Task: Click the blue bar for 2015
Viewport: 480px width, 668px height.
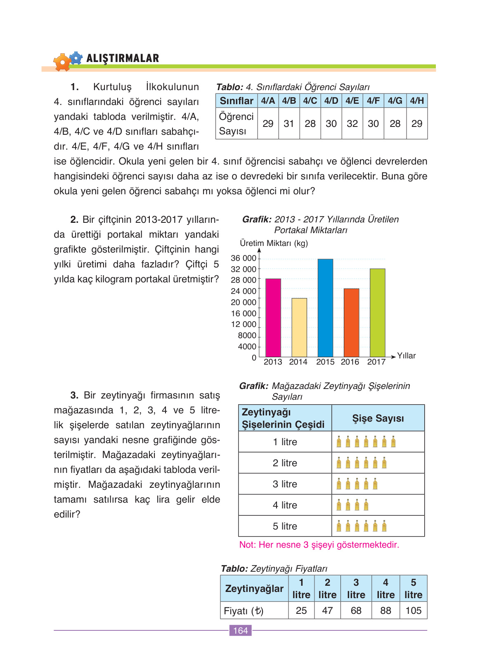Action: coord(325,308)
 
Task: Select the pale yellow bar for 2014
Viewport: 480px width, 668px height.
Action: coord(299,327)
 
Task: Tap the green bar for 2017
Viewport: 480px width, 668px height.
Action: coord(377,313)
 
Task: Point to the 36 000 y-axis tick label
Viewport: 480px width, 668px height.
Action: coord(244,258)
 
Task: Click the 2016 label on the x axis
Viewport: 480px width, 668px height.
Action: coord(350,362)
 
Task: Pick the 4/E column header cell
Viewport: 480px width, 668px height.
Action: coord(352,101)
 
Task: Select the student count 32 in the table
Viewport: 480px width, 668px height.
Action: coord(352,124)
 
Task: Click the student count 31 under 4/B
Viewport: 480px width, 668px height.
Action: coord(289,124)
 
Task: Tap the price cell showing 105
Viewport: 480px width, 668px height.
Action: coord(413,611)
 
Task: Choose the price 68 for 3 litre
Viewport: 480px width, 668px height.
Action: coord(356,611)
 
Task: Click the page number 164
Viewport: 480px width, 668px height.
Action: coord(240,630)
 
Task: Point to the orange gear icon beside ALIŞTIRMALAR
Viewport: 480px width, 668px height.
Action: coord(62,62)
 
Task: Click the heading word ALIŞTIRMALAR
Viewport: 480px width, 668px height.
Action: coord(123,58)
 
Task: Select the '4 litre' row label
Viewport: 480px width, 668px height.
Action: coord(285,505)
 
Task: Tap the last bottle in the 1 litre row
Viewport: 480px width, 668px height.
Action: coord(393,442)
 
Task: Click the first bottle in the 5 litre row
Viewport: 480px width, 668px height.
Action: coord(339,526)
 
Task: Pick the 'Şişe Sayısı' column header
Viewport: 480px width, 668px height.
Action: coord(378,418)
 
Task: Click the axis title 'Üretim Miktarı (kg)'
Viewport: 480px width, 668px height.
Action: coord(274,243)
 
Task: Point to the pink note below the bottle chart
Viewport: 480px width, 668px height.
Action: coord(319,545)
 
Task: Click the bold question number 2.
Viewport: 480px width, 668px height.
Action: coord(74,219)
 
